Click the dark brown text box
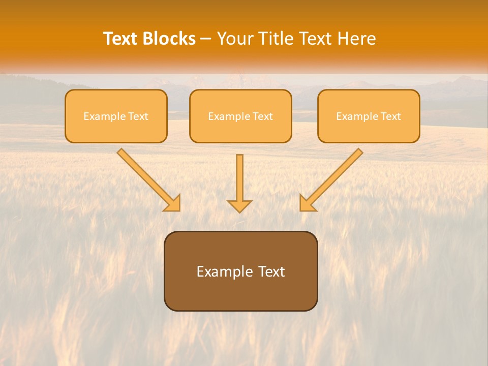click(240, 295)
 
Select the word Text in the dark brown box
click(271, 271)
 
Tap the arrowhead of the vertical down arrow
click(239, 206)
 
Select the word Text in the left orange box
click(138, 116)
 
